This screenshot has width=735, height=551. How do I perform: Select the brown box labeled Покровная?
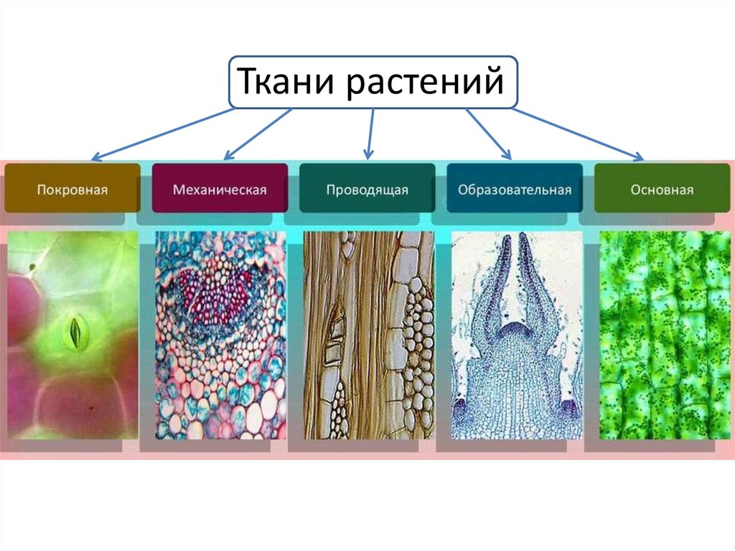pos(72,189)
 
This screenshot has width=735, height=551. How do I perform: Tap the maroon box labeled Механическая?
pos(220,189)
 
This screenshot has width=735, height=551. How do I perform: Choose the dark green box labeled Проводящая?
pos(367,189)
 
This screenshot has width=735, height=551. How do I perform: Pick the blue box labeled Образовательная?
pos(514,189)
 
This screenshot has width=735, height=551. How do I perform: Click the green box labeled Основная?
pos(662,189)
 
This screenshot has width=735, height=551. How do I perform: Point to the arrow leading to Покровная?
pos(165,134)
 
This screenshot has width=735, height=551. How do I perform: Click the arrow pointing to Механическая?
pos(258,134)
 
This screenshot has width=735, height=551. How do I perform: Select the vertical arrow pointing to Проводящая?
pos(371,133)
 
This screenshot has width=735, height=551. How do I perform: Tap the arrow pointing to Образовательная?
pos(489,134)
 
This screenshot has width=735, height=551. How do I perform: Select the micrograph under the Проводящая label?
pos(368,335)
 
